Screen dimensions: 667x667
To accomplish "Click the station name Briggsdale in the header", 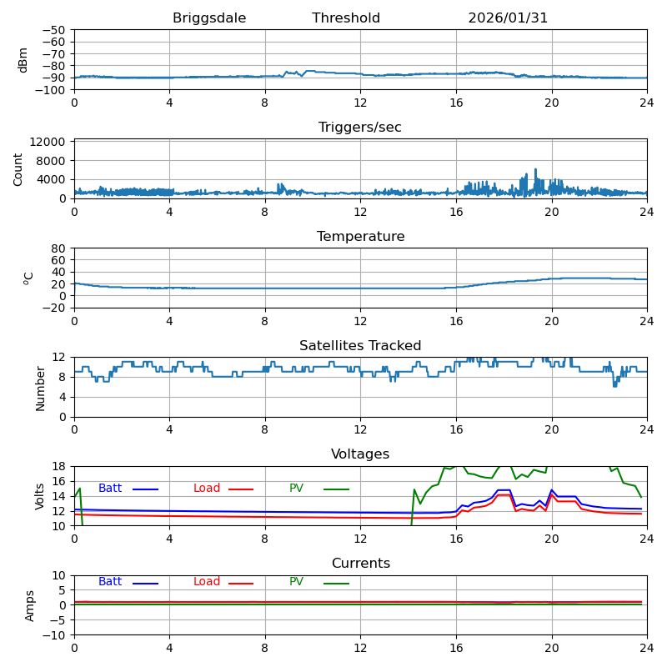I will (x=209, y=18).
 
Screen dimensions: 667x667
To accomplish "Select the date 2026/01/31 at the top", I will (x=508, y=18).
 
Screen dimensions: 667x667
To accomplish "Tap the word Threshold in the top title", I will (x=346, y=18).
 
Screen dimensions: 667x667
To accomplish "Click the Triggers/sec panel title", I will (x=360, y=128).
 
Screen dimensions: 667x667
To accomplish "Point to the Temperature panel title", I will (x=360, y=237).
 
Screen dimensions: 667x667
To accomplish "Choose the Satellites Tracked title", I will (x=360, y=346).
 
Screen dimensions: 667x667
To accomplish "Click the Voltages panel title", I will (x=360, y=454).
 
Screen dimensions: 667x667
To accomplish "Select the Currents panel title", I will (x=360, y=564).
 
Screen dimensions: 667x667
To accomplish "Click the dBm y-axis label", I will (x=23, y=60).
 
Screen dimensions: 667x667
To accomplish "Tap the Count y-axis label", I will (x=18, y=169).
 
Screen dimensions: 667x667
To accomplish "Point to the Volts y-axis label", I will (x=40, y=496).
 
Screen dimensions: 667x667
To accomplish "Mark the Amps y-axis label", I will (x=30, y=605).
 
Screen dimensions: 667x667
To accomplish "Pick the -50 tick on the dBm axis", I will (x=53, y=31).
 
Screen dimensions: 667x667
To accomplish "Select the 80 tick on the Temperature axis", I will (x=59, y=248).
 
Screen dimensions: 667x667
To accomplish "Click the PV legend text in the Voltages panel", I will (x=298, y=489).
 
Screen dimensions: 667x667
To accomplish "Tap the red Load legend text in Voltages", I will (x=207, y=489).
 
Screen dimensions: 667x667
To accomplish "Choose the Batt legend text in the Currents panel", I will (x=110, y=582).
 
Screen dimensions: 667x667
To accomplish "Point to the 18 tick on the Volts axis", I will (x=59, y=466).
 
